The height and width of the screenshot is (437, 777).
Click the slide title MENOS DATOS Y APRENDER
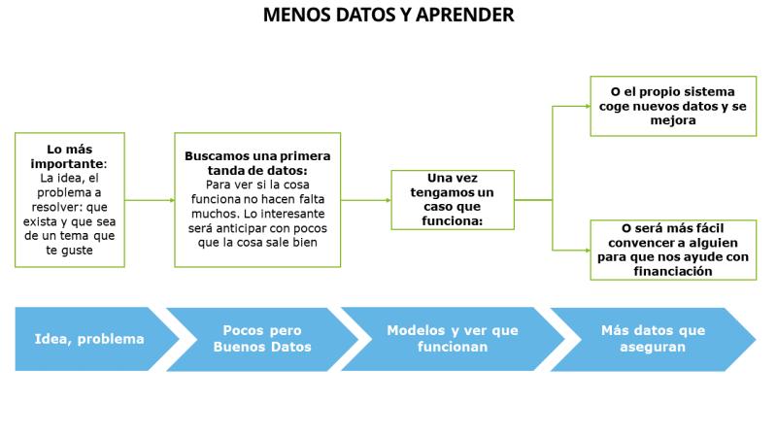388,15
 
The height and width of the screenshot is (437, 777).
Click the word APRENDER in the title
465,15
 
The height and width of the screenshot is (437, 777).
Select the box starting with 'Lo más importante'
70,200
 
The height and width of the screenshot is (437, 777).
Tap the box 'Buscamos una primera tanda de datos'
257,200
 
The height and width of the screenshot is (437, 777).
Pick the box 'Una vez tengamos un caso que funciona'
453,200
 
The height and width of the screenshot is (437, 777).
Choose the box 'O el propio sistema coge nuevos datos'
673,106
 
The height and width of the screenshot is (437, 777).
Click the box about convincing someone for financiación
673,250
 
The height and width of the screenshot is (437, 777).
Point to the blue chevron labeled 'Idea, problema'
97,339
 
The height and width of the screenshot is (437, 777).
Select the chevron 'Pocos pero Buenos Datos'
262,339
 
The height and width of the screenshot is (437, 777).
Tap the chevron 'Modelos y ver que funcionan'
453,339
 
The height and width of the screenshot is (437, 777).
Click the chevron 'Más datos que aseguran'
653,339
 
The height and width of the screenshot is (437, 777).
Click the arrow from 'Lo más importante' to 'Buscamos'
150,200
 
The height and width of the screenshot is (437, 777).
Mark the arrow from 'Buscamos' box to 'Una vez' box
366,200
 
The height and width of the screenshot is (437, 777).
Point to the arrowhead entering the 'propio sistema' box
588,106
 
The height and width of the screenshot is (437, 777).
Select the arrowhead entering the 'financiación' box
588,251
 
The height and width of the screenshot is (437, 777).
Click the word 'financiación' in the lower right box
673,271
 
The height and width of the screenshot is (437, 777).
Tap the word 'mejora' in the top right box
673,120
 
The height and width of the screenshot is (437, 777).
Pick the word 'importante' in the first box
68,163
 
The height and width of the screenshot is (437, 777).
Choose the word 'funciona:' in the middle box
452,221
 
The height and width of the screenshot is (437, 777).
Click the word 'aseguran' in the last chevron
653,347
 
